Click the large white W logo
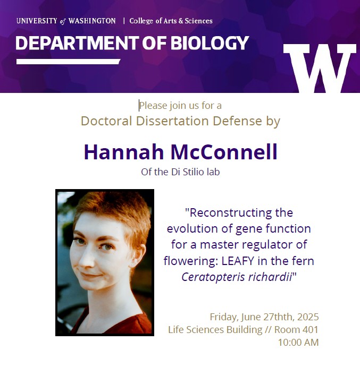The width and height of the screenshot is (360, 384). (x=320, y=69)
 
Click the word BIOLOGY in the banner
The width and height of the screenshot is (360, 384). (x=210, y=43)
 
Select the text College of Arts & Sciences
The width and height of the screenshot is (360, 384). (x=171, y=21)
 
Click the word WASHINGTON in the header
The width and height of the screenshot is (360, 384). (x=92, y=21)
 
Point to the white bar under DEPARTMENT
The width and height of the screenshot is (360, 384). (x=68, y=62)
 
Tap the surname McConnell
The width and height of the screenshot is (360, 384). (x=224, y=152)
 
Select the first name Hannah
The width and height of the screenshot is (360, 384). (x=124, y=152)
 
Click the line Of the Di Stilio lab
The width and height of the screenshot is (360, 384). (x=180, y=172)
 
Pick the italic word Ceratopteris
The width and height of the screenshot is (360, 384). (x=213, y=277)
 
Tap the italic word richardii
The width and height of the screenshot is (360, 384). (x=270, y=277)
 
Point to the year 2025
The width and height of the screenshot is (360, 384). (x=308, y=317)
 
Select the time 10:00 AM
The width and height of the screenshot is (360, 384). (x=298, y=343)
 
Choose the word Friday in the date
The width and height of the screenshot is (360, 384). (x=223, y=317)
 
